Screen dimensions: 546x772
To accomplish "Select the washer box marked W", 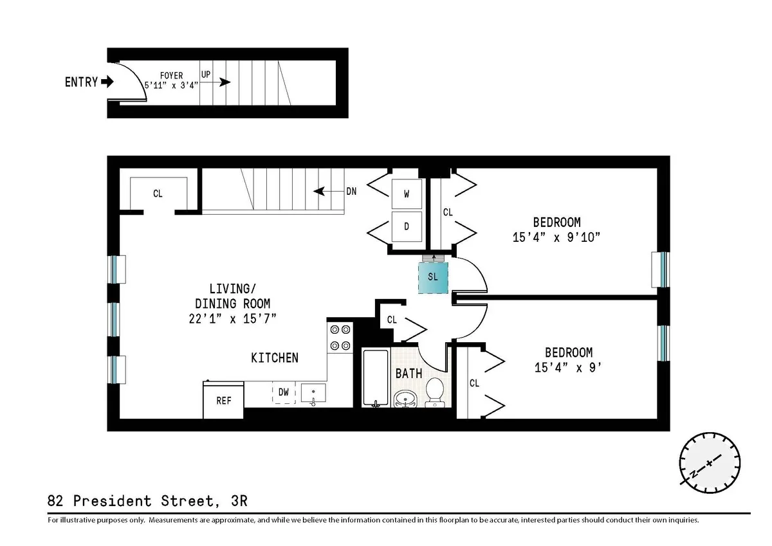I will [407, 193].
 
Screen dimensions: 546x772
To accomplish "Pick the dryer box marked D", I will [407, 226].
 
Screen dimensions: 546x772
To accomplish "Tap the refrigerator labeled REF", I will [223, 400].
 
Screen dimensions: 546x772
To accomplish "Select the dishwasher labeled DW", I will [283, 392].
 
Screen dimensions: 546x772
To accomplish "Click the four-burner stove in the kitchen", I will [340, 337].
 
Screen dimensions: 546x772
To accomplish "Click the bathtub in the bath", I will [375, 378].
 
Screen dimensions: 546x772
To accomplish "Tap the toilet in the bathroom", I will [436, 392].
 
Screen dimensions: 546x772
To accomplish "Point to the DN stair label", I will [351, 191].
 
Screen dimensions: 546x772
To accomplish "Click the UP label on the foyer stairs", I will [206, 74].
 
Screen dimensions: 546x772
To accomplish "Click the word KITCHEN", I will [275, 358].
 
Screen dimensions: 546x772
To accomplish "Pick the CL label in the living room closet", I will [158, 193].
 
